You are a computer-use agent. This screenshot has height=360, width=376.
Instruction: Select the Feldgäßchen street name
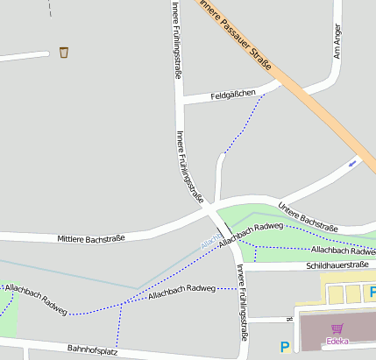pyautogui.click(x=233, y=94)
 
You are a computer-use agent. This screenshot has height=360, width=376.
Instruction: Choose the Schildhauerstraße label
pyautogui.click(x=337, y=264)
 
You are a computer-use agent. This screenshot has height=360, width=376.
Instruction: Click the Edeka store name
pyautogui.click(x=337, y=341)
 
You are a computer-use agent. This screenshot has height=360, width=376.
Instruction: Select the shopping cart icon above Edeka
pyautogui.click(x=337, y=328)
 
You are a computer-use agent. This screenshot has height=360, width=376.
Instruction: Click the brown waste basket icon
pyautogui.click(x=63, y=53)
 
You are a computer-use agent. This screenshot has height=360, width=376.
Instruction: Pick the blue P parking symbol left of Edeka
pyautogui.click(x=284, y=347)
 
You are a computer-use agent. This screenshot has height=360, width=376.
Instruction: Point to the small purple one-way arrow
pyautogui.click(x=353, y=161)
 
